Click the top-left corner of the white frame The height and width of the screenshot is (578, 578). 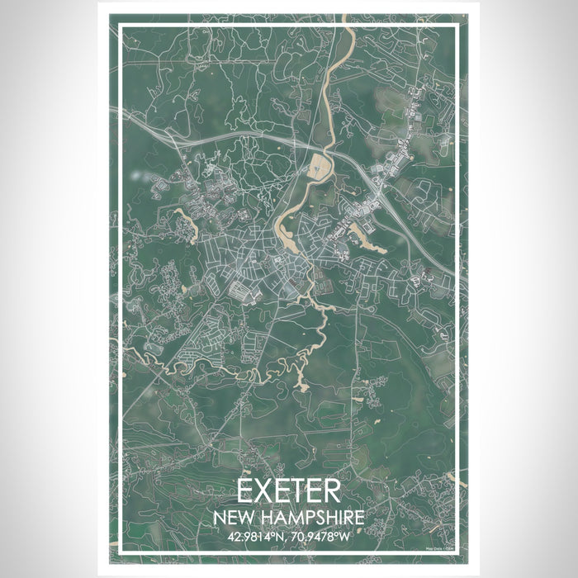[x=121, y=26]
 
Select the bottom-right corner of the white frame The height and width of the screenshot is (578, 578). [x=457, y=551]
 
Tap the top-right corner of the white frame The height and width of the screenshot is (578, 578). [x=457, y=26]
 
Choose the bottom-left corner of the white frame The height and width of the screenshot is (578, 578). [x=121, y=551]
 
